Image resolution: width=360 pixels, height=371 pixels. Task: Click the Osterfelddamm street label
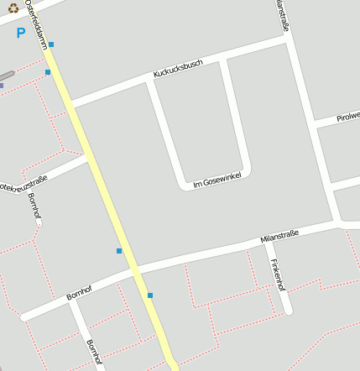[37, 24]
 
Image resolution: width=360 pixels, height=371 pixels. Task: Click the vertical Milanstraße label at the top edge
[282, 17]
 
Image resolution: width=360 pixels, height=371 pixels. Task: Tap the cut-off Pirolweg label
[348, 116]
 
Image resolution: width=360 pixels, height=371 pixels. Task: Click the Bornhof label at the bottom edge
[94, 353]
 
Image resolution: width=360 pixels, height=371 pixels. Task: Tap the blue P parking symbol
[21, 34]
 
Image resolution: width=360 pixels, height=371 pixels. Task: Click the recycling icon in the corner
[13, 8]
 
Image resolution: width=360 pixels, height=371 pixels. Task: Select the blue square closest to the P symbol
[51, 44]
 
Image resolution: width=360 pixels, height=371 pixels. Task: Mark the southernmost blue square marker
[150, 295]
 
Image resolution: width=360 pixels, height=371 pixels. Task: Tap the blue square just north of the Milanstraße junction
[119, 251]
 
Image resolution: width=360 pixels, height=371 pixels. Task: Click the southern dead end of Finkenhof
[288, 311]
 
